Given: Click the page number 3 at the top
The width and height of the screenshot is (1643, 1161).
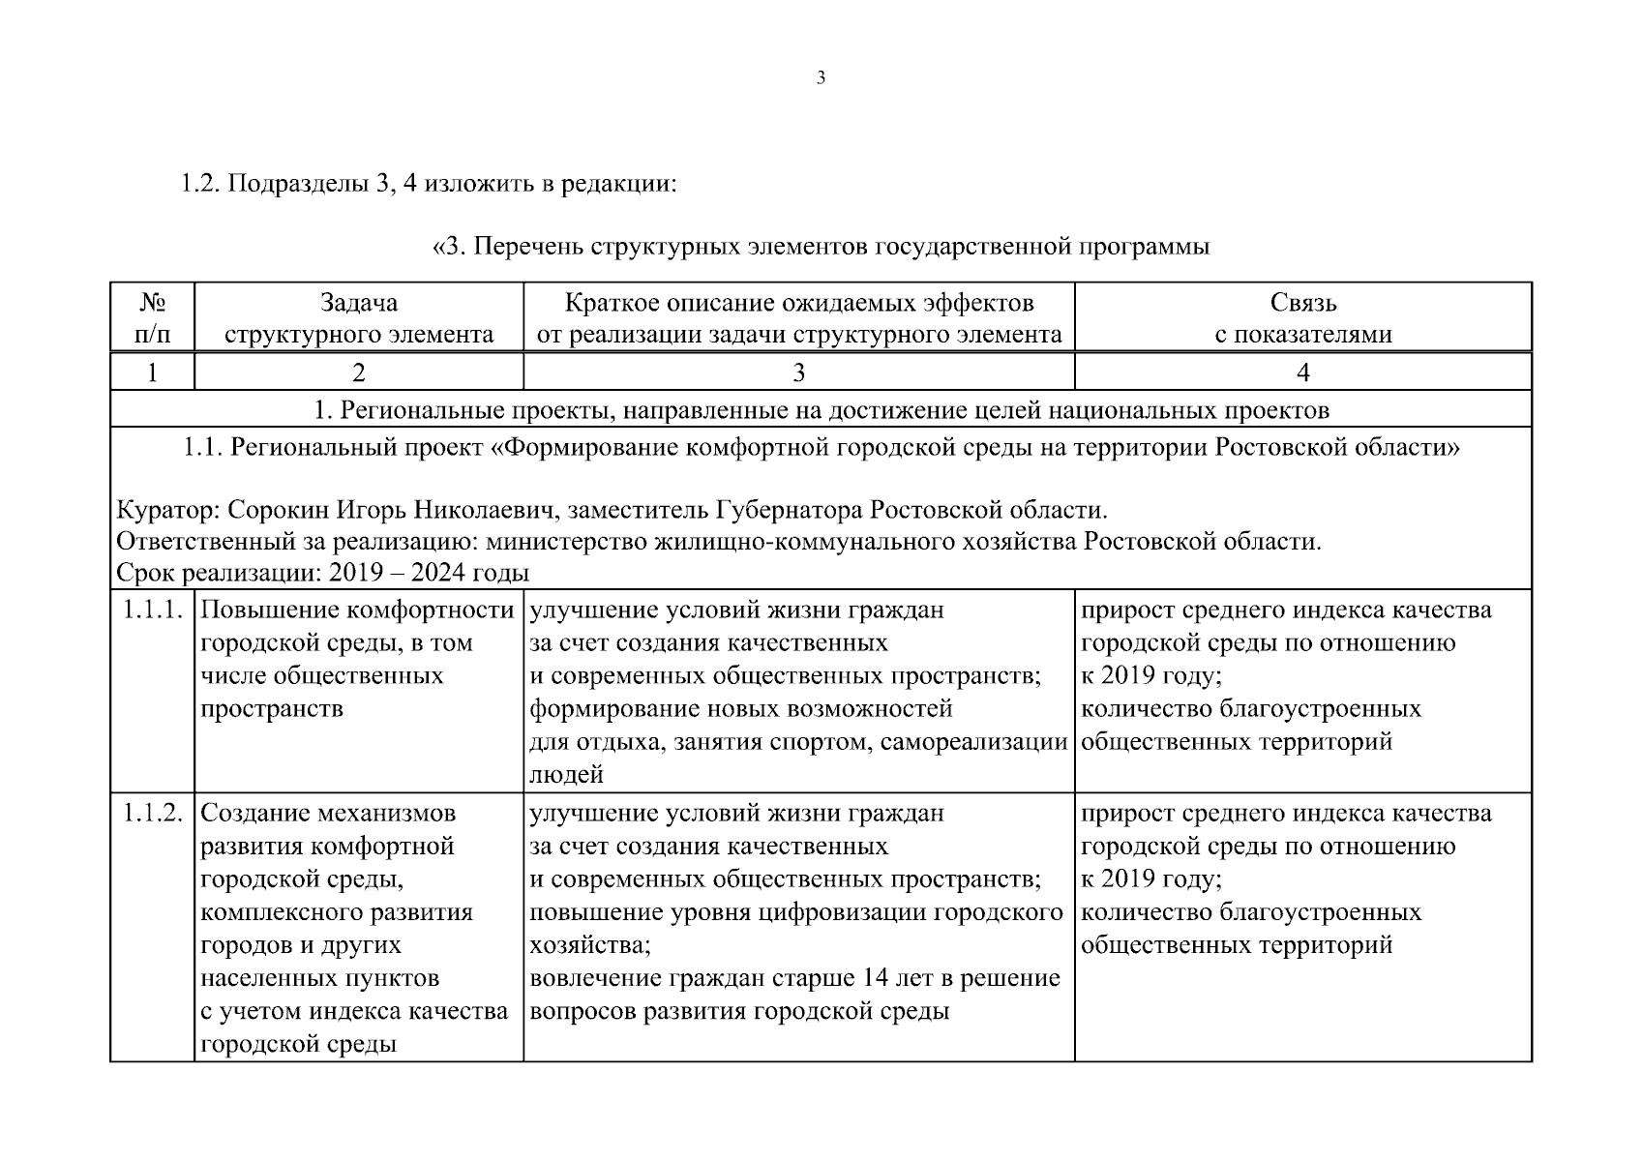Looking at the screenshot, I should (821, 79).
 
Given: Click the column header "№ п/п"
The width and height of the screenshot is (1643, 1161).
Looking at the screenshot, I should (151, 318).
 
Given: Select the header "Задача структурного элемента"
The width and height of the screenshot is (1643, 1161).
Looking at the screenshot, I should (358, 318).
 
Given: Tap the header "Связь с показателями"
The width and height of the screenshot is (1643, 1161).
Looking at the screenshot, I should (1302, 318).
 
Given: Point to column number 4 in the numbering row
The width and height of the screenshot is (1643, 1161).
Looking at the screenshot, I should (1302, 372).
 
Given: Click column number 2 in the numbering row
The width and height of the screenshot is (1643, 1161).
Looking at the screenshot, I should (358, 372).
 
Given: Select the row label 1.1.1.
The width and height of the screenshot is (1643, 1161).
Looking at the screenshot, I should (152, 610).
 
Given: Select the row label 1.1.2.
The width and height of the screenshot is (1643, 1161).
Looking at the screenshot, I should (152, 814).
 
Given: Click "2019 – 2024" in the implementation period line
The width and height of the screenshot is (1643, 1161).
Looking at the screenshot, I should (398, 573).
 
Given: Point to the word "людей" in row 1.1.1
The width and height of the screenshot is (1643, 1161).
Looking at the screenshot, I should (566, 774).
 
